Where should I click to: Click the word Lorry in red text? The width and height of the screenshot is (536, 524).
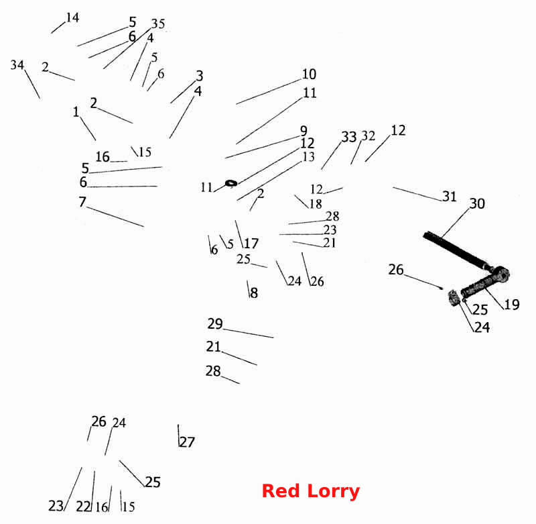(333, 492)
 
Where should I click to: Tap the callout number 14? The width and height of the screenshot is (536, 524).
(72, 17)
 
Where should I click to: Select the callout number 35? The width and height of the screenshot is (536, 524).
(158, 23)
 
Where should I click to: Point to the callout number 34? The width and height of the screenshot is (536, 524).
(17, 64)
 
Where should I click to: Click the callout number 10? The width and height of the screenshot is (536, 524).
(309, 74)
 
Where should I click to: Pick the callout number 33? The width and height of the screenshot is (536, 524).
(349, 137)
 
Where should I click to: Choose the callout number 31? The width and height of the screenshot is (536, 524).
(450, 197)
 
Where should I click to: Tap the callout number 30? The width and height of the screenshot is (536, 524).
(477, 204)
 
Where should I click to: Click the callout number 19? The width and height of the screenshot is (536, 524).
(512, 305)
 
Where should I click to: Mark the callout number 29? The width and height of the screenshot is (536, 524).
(215, 323)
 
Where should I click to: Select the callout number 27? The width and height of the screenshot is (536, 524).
(188, 442)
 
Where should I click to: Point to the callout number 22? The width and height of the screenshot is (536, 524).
(83, 506)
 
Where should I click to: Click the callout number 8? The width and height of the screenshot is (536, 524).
(254, 293)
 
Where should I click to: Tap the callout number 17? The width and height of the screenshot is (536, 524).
(251, 244)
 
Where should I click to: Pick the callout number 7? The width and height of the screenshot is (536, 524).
(82, 201)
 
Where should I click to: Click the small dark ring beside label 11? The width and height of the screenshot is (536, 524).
(231, 183)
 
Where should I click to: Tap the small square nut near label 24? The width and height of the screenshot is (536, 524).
(454, 298)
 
